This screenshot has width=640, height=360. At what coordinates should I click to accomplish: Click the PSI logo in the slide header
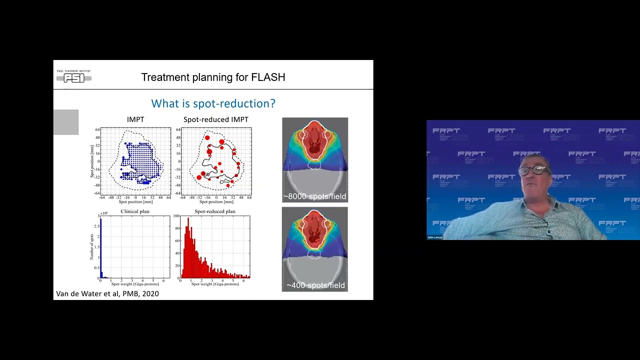coord(74,76)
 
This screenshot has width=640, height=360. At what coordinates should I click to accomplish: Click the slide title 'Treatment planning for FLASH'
coord(213,77)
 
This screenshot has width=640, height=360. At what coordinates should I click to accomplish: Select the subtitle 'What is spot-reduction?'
coord(213,103)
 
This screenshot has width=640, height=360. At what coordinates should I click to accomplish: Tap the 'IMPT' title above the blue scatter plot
coord(135,119)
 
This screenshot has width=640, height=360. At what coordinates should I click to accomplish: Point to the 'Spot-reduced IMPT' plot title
coord(215,119)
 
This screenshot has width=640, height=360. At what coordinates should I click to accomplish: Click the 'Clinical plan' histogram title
coord(135,211)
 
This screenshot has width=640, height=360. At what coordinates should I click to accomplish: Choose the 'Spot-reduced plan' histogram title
coord(214,211)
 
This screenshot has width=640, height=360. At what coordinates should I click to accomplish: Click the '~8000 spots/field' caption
coord(314,196)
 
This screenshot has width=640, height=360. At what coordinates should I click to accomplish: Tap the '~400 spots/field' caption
coord(315,285)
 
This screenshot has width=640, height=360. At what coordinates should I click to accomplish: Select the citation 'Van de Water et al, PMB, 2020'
coord(107,293)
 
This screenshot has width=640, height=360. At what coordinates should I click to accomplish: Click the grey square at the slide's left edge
coord(66,122)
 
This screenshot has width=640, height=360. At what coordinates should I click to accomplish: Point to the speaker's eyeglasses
coord(533,170)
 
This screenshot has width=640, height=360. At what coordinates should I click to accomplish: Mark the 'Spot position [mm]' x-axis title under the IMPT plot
coord(135,202)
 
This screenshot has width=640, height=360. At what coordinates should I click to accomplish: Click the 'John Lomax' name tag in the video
coord(435,237)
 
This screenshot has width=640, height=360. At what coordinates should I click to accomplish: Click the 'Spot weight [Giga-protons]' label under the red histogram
coord(214,284)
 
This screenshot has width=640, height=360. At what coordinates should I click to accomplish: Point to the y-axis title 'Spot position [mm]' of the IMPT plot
coord(92,161)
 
